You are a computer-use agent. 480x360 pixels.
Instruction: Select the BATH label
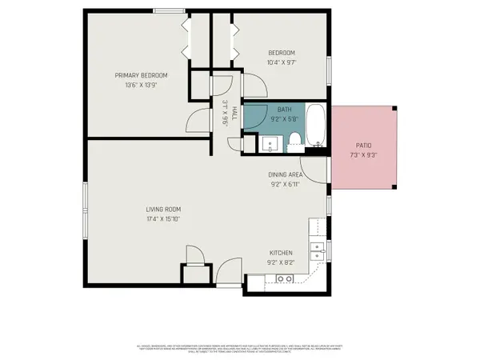click(284, 110)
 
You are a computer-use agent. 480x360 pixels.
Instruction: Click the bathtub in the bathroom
click(316, 127)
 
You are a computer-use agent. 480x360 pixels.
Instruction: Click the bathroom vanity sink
click(269, 144)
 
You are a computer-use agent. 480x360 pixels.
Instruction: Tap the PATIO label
click(363, 146)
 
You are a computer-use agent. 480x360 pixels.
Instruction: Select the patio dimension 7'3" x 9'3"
click(363, 155)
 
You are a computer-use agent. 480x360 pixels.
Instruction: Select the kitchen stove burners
click(283, 279)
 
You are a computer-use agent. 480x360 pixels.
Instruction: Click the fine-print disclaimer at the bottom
click(240, 349)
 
